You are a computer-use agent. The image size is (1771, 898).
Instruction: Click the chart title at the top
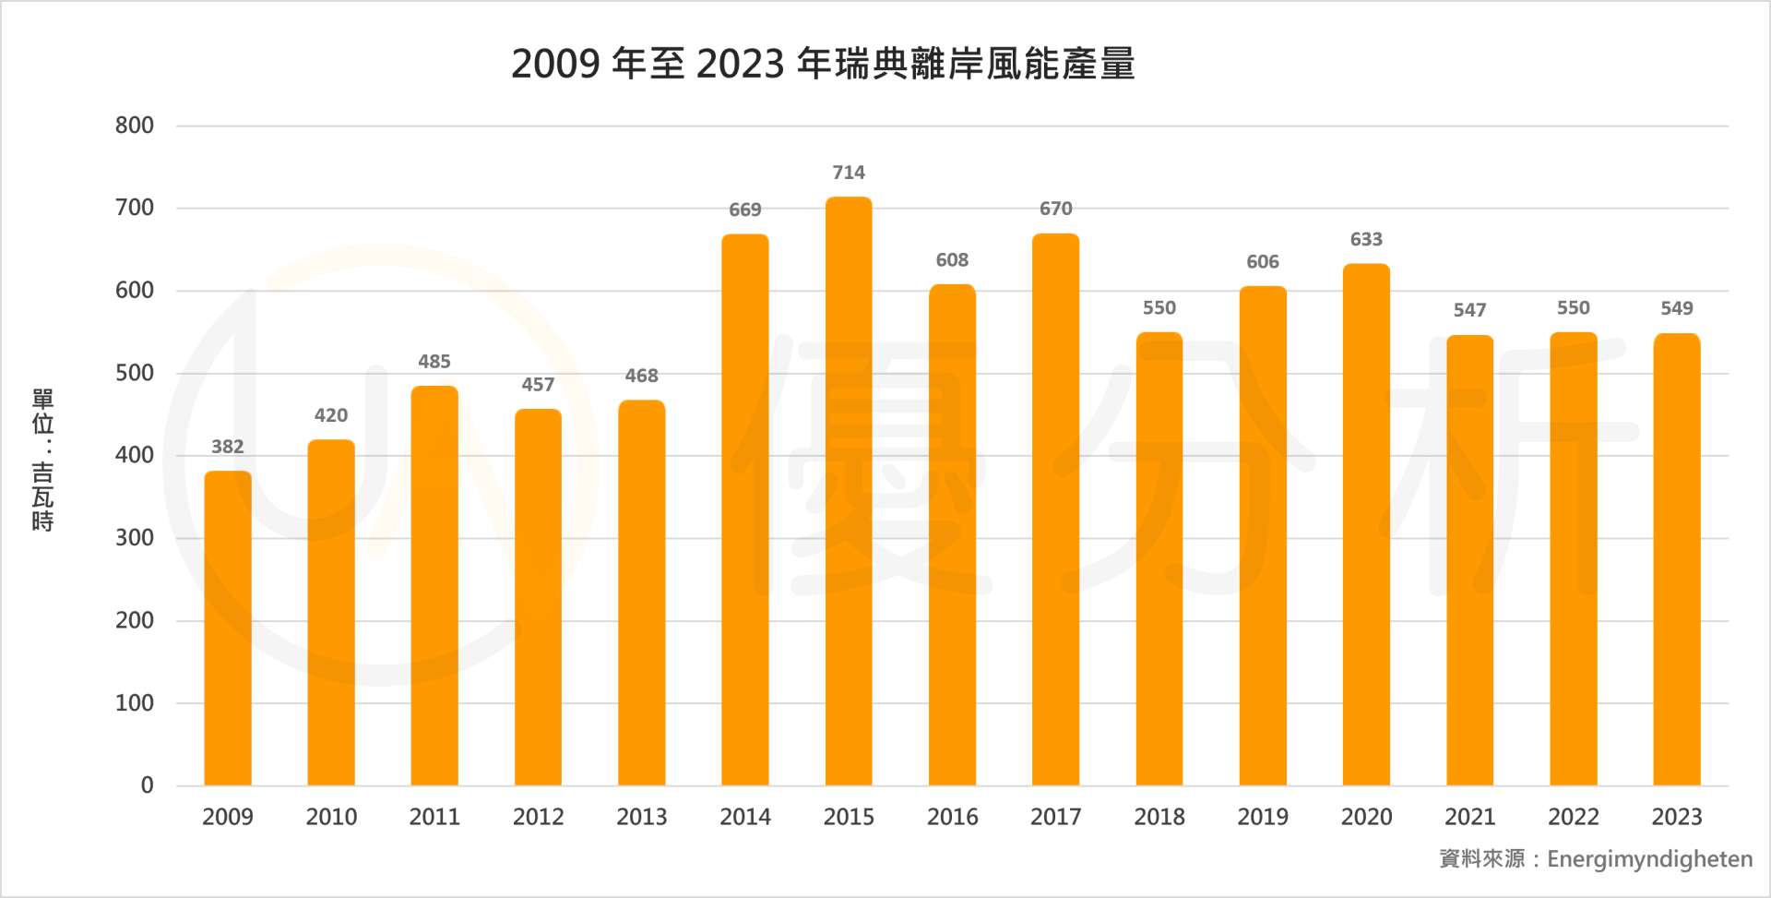coord(823,64)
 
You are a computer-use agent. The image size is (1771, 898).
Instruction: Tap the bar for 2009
coord(228,628)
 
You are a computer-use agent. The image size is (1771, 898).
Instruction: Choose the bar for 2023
coord(1677,559)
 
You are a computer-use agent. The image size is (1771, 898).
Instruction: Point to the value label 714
coord(849,173)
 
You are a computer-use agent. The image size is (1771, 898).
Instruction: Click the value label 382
coord(228,447)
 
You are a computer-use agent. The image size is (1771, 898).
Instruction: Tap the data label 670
coord(1056,209)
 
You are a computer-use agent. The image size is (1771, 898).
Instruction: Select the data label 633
coord(1366,240)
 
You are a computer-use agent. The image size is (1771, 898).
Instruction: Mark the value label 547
coord(1469,310)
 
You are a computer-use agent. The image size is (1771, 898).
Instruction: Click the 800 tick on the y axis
coord(135,126)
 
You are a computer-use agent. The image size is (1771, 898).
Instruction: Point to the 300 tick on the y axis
coord(135,538)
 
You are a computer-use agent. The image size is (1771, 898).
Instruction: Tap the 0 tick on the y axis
coord(147,785)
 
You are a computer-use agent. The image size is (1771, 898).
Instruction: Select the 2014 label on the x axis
coord(745,817)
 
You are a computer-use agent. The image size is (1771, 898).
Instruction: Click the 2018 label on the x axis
coord(1159,817)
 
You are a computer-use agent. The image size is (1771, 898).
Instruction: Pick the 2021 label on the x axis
coord(1469,817)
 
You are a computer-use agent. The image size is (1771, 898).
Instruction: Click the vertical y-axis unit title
coord(42,460)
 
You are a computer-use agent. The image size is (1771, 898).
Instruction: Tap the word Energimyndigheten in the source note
coord(1649,859)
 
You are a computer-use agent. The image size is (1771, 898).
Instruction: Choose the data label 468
coord(641,376)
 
